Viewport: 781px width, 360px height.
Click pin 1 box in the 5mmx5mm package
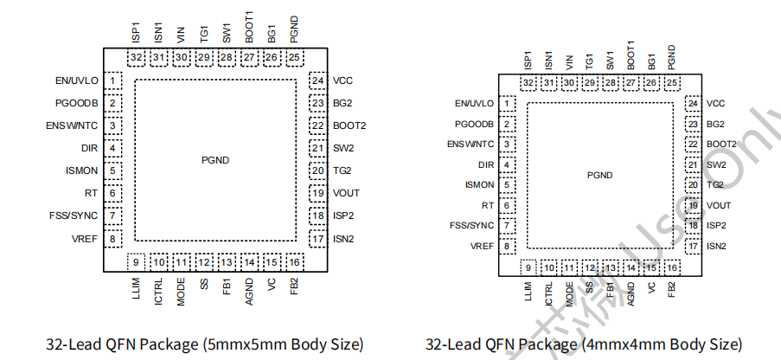point(113,80)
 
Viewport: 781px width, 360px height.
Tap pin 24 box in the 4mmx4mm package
point(693,103)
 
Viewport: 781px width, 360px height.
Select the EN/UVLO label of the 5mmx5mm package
point(76,80)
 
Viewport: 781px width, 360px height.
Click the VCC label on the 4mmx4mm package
point(715,103)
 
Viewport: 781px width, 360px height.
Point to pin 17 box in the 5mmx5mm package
point(318,238)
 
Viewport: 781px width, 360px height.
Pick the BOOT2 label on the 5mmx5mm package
point(349,125)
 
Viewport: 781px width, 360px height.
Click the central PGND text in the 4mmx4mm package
point(599,175)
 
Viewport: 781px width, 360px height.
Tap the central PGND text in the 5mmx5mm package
point(215,160)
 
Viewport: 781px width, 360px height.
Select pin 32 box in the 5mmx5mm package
point(136,58)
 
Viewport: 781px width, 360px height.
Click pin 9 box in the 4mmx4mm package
point(528,268)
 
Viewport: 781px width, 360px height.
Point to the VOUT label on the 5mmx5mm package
point(346,193)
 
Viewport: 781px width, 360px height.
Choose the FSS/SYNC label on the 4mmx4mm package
point(471,226)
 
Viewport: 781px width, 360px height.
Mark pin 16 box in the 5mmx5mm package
point(294,261)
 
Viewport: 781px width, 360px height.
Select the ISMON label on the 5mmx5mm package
point(81,170)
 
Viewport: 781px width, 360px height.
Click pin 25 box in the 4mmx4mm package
point(671,83)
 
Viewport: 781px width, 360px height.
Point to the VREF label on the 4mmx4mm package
point(483,246)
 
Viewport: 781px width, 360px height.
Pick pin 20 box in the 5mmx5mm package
point(318,170)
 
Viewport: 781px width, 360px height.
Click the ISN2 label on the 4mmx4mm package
point(716,246)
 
